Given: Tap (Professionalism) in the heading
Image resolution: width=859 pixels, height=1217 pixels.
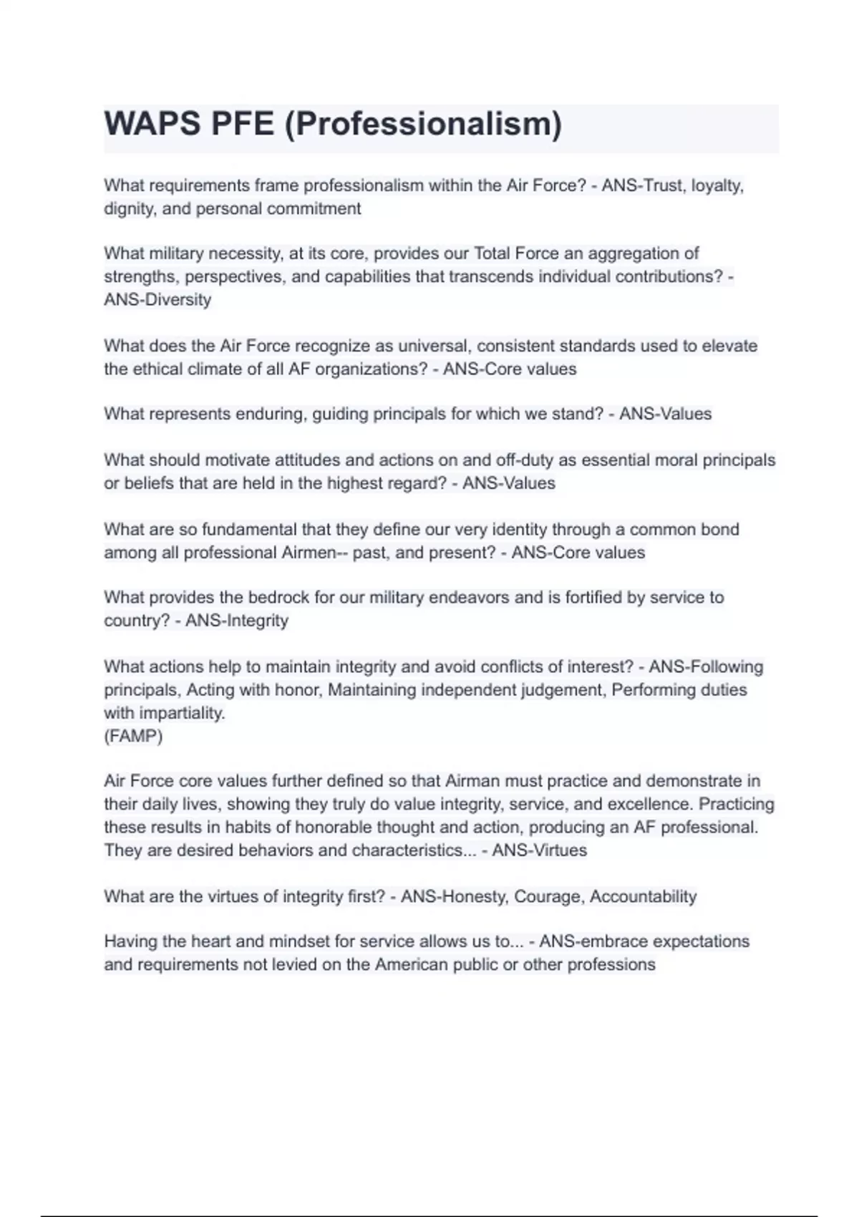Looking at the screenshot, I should pos(423,125).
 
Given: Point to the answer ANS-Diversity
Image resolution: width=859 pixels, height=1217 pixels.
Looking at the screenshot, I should pos(157,299).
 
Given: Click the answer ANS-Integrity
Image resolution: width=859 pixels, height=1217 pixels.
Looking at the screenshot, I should pos(237,621).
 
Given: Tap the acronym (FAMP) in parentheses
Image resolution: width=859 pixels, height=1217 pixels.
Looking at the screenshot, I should pos(133,736).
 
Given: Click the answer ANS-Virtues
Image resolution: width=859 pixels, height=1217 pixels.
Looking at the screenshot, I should pos(540,850).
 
